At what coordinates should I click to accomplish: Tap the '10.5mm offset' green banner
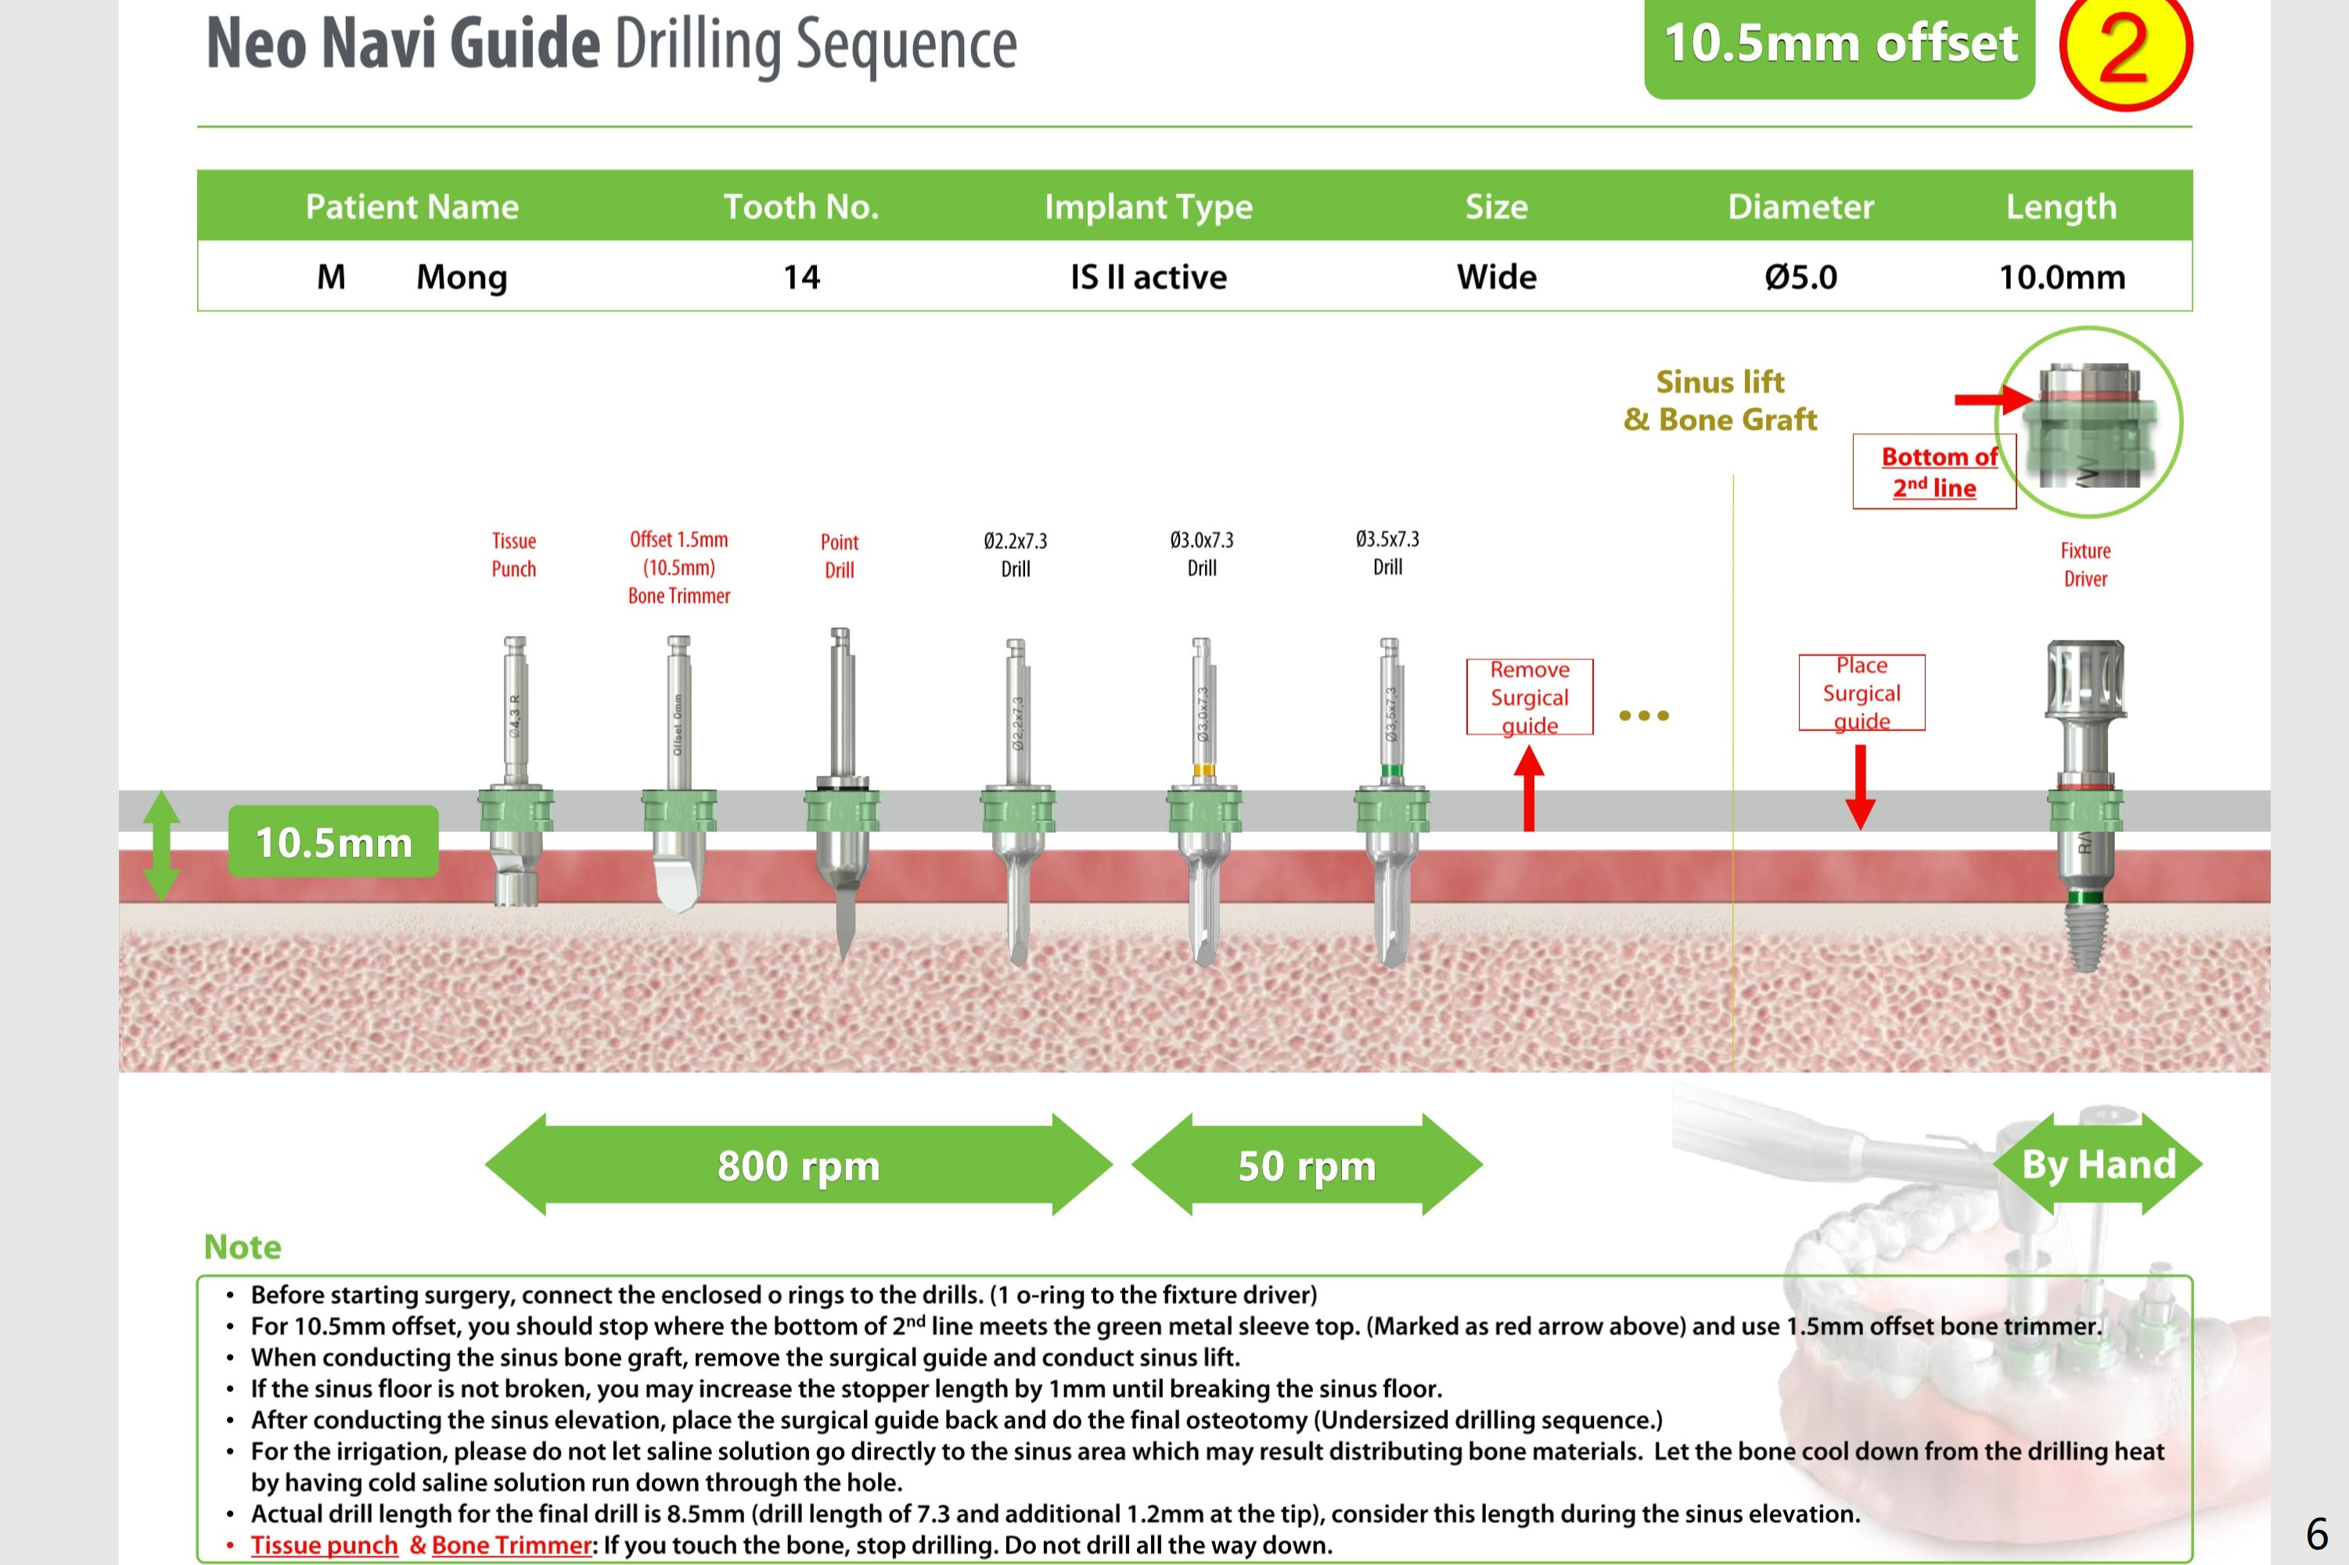tap(1839, 45)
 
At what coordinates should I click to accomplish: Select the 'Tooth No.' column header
tap(800, 206)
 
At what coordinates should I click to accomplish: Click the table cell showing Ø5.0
tap(1800, 276)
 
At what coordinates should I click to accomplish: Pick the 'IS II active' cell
tap(1148, 276)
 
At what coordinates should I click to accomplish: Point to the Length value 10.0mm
tap(2062, 276)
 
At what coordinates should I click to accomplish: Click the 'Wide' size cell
tap(1495, 276)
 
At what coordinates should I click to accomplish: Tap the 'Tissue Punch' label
tap(514, 555)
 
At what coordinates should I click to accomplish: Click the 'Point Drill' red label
tap(839, 556)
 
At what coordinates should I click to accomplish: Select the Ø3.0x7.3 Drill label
tap(1201, 554)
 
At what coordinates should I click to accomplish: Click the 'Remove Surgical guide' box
tap(1530, 697)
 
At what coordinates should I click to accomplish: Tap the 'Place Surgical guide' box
tap(1861, 693)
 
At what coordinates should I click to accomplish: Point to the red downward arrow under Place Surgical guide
tap(1860, 787)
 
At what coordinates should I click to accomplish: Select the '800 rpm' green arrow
tap(799, 1165)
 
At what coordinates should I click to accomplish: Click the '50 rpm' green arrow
tap(1307, 1165)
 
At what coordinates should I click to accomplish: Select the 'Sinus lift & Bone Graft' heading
tap(1719, 400)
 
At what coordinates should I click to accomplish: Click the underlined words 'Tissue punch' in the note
tap(325, 1545)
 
